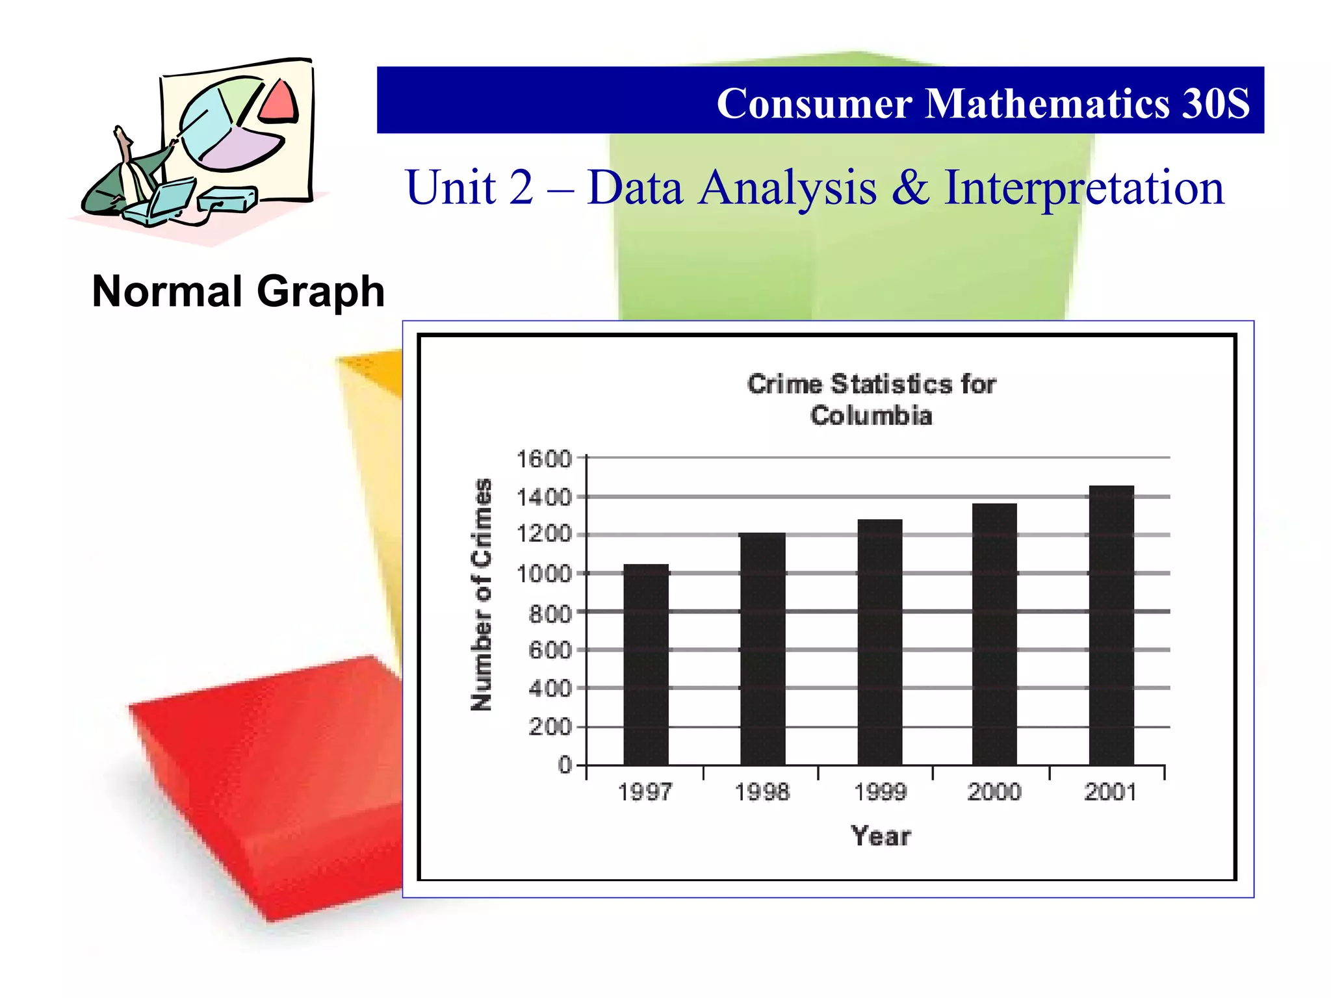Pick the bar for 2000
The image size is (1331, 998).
point(994,634)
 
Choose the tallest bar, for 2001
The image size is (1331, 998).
point(1111,625)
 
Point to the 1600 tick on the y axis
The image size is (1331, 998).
point(543,459)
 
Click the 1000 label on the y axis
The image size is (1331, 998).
point(543,574)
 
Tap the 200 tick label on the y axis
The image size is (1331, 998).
point(550,727)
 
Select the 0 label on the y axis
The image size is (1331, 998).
point(564,765)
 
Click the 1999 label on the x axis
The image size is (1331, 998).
point(880,792)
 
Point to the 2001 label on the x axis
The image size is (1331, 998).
point(1111,792)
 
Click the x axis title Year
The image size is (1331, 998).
point(881,836)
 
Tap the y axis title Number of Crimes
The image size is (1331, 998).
point(482,595)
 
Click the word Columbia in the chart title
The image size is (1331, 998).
point(871,416)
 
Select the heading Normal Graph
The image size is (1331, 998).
point(239,291)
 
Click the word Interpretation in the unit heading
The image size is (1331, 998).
point(1083,188)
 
